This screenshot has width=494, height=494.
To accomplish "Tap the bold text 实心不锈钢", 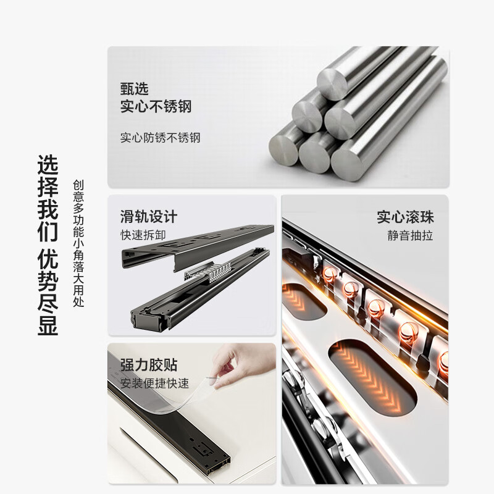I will (156, 106).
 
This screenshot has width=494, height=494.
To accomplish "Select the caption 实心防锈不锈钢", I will (160, 138).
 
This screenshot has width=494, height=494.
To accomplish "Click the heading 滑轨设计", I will (148, 217).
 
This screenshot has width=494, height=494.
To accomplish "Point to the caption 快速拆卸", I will (143, 235).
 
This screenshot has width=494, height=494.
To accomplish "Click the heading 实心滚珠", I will (406, 217).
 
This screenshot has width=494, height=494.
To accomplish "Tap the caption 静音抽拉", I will (411, 235).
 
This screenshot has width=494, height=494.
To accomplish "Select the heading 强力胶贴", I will (148, 364).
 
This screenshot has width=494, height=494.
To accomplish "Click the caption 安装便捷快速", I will (154, 383).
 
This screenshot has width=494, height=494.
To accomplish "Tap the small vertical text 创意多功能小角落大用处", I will (78, 243).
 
